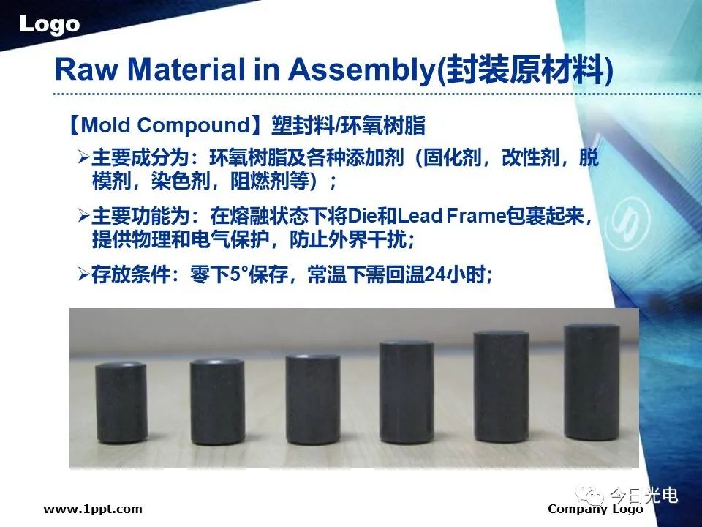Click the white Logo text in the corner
[x=49, y=24]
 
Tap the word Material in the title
[x=186, y=70]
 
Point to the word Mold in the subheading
[x=107, y=124]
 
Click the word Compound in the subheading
[x=193, y=125]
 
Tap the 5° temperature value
[x=236, y=274]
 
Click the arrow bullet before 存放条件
[x=83, y=274]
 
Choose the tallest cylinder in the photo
[x=592, y=382]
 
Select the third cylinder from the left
[x=313, y=400]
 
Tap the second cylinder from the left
[x=218, y=402]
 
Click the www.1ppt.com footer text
[x=93, y=509]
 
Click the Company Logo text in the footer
[x=595, y=509]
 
